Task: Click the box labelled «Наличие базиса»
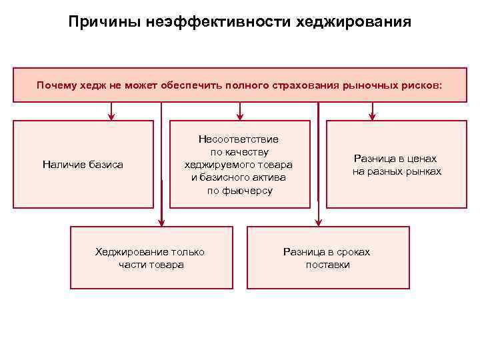click(x=83, y=164)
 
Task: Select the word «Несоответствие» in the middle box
click(x=239, y=139)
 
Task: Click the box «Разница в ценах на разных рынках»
click(x=396, y=164)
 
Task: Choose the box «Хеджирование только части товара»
click(x=151, y=257)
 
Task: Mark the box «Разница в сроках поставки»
click(x=327, y=257)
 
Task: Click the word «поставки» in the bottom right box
click(x=328, y=265)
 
